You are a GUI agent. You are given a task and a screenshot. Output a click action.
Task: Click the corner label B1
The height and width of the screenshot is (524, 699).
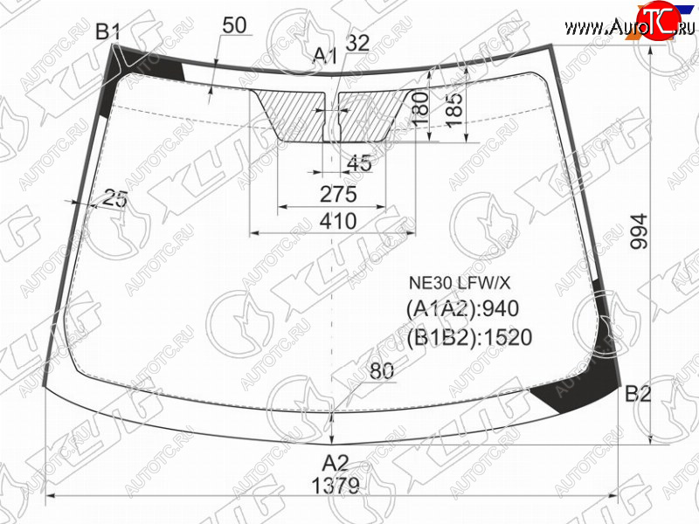tap(108, 31)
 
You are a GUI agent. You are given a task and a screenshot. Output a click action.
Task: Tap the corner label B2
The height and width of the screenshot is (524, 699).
tap(638, 394)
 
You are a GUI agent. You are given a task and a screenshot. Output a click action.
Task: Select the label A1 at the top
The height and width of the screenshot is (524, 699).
tap(324, 56)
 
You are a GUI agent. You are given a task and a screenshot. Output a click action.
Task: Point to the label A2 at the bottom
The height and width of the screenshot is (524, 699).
tap(336, 464)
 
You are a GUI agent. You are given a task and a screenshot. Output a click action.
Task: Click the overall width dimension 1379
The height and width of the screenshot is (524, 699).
tap(336, 486)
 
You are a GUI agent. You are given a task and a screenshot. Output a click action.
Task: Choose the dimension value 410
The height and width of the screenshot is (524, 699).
tap(338, 221)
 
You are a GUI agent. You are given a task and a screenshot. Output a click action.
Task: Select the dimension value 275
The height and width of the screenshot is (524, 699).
tap(338, 194)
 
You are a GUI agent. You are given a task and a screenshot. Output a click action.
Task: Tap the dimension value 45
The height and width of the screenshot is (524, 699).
tap(359, 163)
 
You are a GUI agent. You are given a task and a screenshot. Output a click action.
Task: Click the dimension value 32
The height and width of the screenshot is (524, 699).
tap(357, 43)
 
